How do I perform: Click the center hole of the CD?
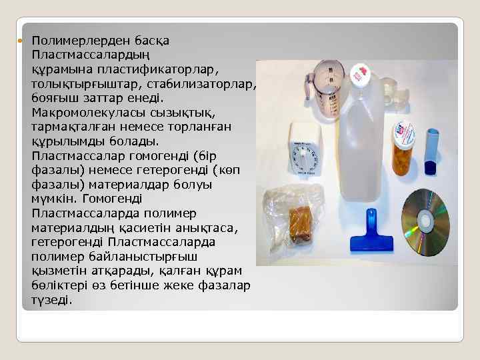[x=424, y=222]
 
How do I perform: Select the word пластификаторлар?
[x=147, y=69]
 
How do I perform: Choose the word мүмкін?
[x=53, y=199]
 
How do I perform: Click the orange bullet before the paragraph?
[x=20, y=41]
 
